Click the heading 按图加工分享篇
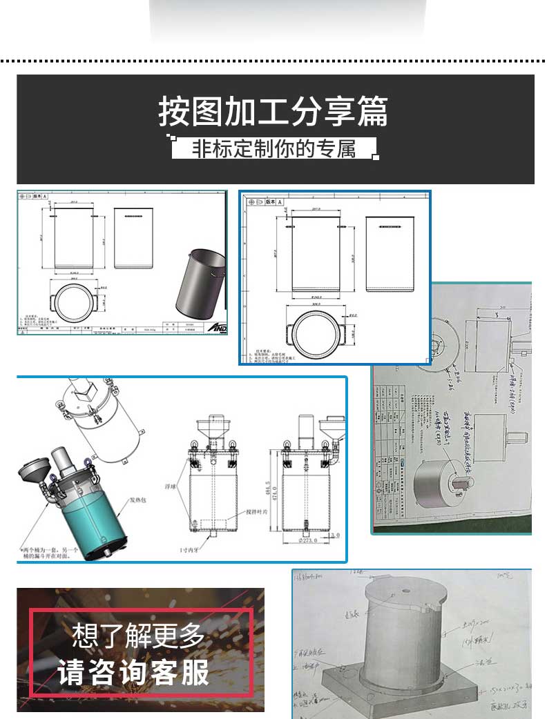(273, 112)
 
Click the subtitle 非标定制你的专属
(274, 148)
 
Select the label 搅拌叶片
(257, 513)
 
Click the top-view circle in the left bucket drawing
(73, 302)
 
